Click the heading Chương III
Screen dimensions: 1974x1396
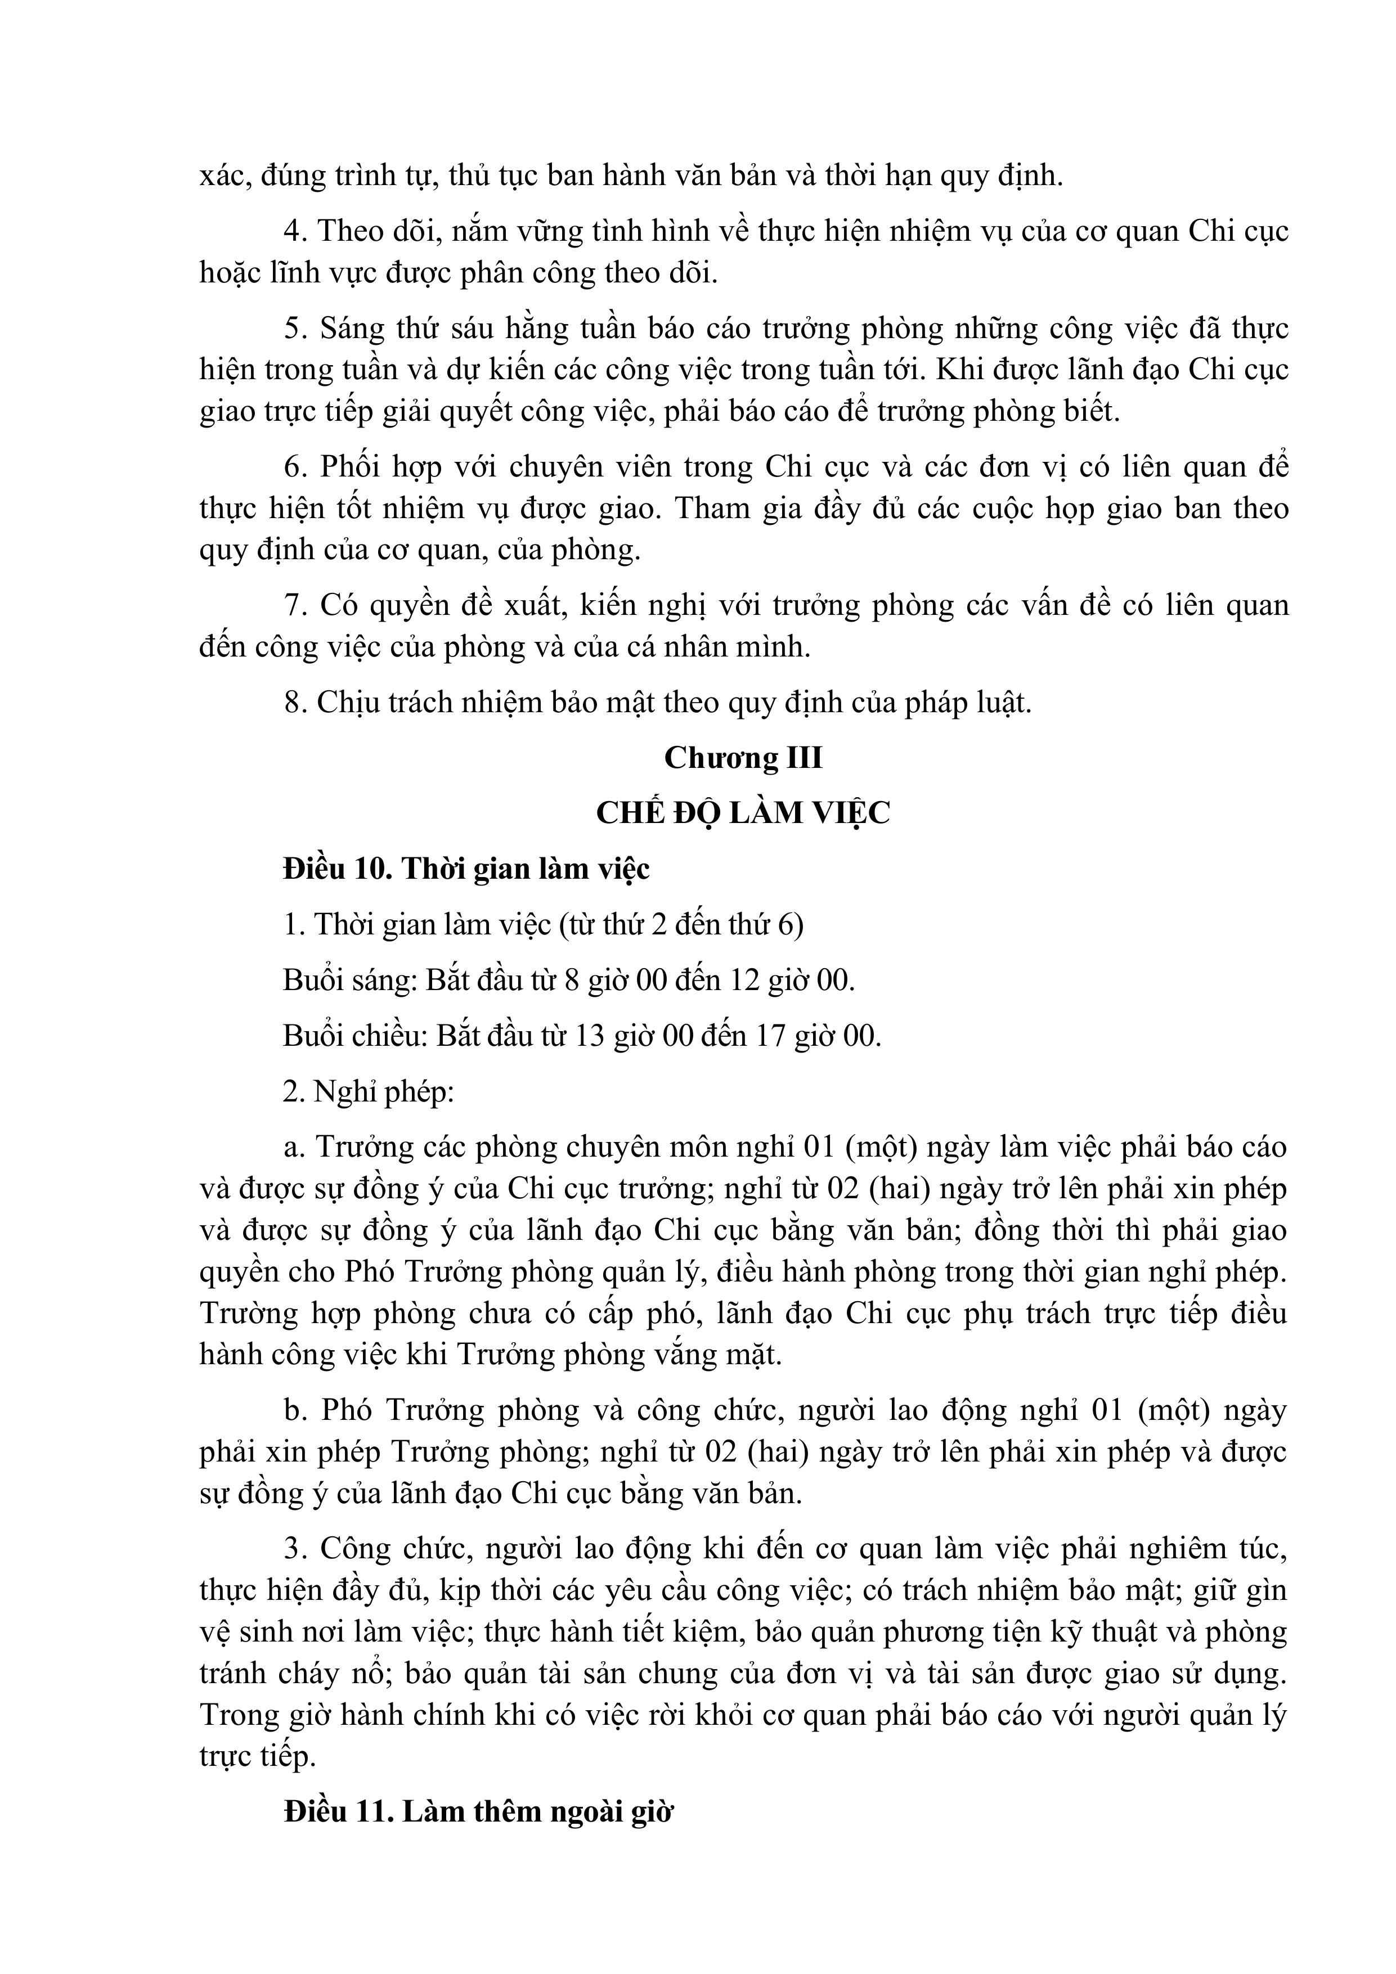(x=743, y=757)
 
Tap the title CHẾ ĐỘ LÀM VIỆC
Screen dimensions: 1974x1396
(x=743, y=812)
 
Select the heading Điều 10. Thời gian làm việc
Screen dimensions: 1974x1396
(x=466, y=869)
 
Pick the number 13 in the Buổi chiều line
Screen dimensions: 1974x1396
(x=589, y=1035)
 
